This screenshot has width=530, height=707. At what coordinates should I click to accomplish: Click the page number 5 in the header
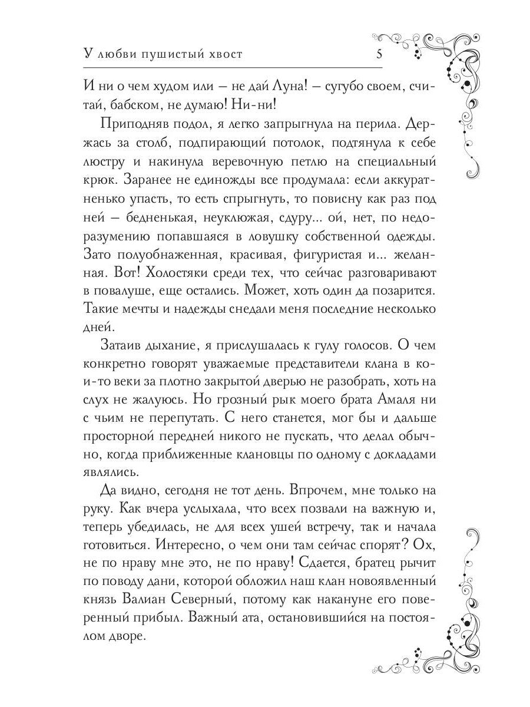(x=380, y=55)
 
